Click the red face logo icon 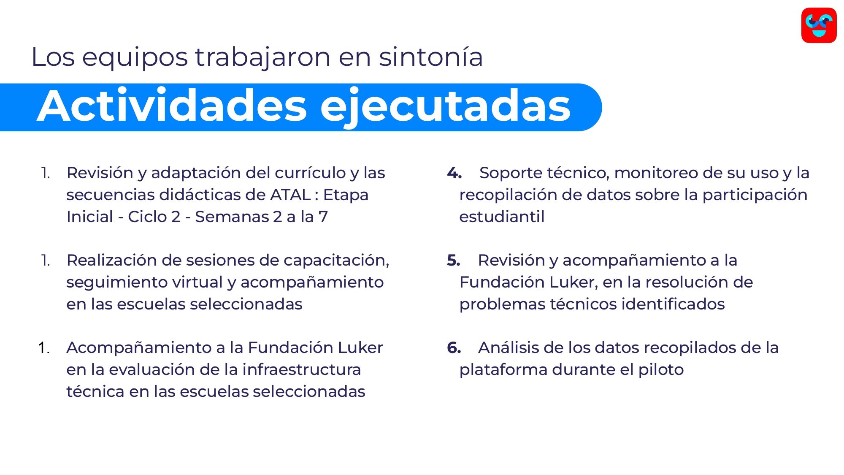(819, 25)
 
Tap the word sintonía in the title (431, 57)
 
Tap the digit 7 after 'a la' (323, 217)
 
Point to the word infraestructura (301, 369)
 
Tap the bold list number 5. (454, 260)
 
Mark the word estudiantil (502, 217)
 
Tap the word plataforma (503, 370)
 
